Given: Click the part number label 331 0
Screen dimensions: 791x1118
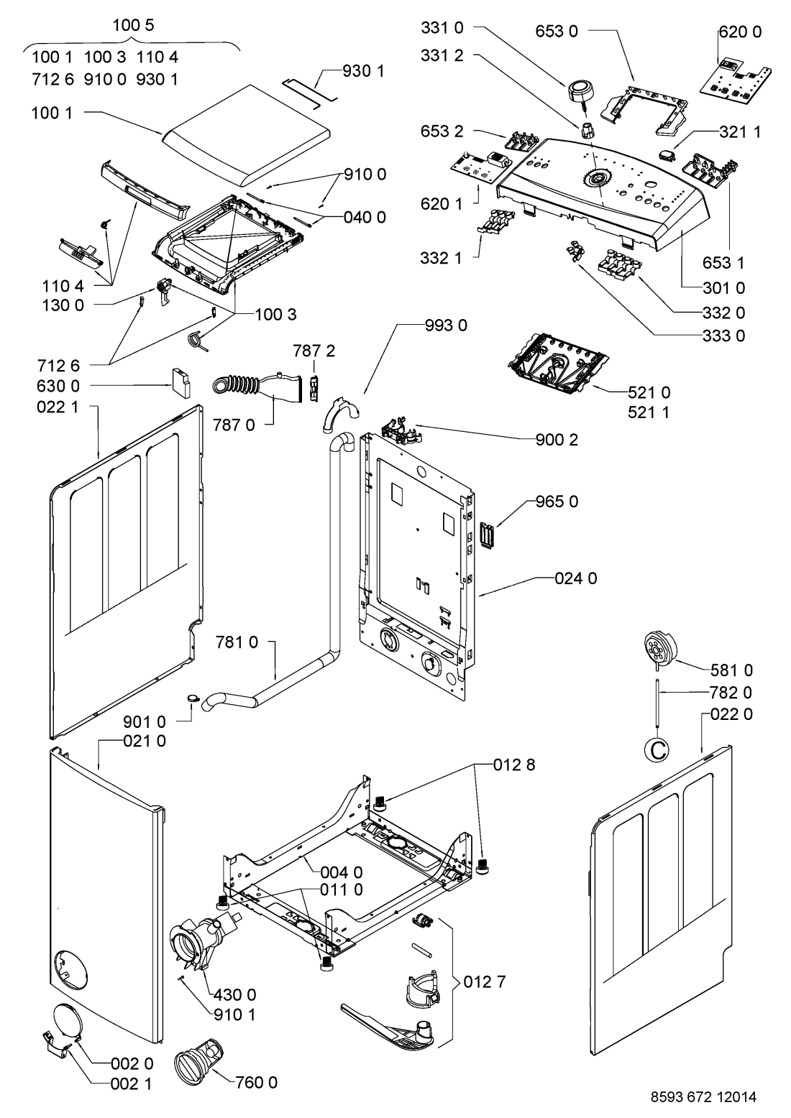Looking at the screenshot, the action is tap(442, 28).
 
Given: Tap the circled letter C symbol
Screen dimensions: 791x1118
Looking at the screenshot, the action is tap(658, 749).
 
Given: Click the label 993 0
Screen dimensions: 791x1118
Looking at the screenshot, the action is tap(446, 325).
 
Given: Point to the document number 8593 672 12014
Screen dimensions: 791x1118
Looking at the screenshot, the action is tap(703, 1096).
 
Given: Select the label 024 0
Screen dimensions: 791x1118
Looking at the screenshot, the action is tap(576, 578).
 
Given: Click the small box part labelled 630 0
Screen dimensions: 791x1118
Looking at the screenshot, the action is tap(181, 382).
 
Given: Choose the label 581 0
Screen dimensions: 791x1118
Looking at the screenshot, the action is tap(731, 670).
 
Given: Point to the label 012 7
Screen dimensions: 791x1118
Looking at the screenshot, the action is tap(485, 981).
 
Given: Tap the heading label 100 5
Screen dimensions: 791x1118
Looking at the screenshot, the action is tap(133, 25).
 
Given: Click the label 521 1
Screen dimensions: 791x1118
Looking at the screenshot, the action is tap(649, 412).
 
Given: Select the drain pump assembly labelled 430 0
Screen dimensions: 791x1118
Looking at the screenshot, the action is tap(198, 941).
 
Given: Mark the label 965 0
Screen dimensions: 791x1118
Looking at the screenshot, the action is tap(557, 501).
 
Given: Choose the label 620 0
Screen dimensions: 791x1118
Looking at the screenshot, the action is tap(741, 32).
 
